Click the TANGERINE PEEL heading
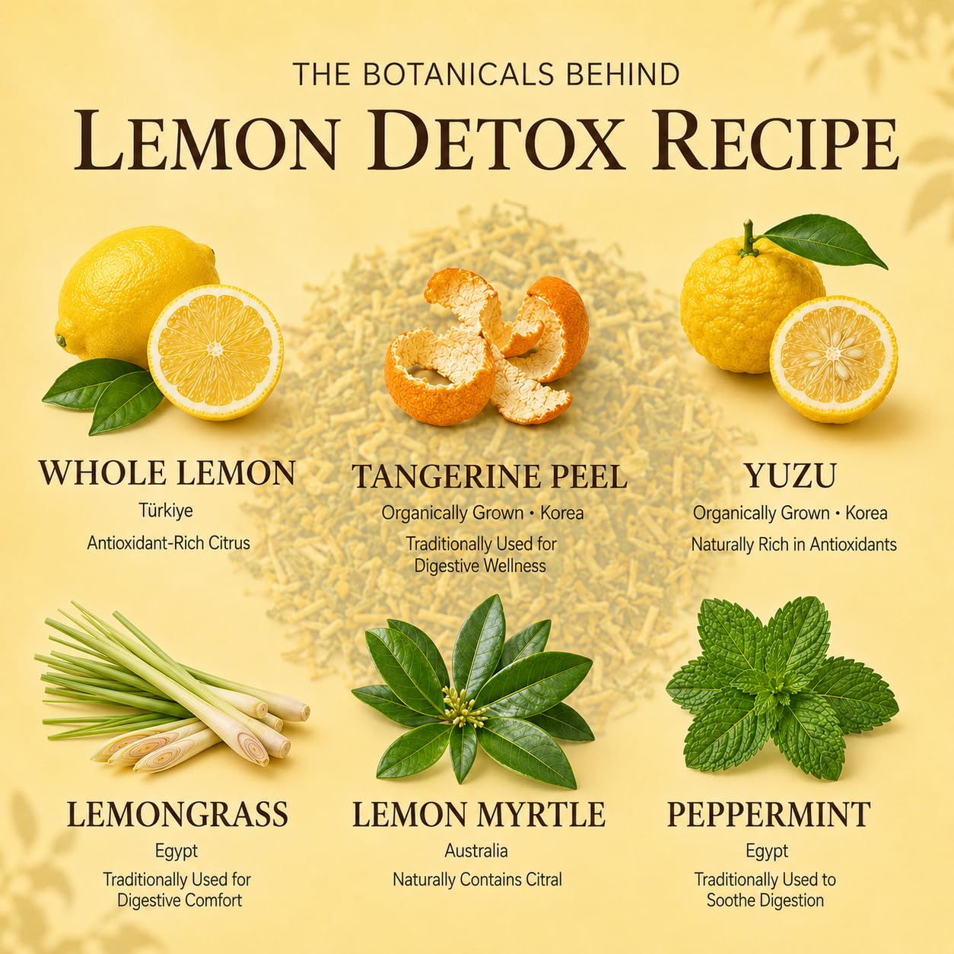(489, 476)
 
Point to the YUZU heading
(790, 475)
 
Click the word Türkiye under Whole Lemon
(166, 510)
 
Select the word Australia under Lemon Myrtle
(476, 851)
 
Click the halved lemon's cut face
(216, 352)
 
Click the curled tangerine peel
(486, 348)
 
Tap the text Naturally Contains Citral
(477, 879)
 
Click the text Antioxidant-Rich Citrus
(168, 543)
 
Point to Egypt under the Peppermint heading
(767, 851)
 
